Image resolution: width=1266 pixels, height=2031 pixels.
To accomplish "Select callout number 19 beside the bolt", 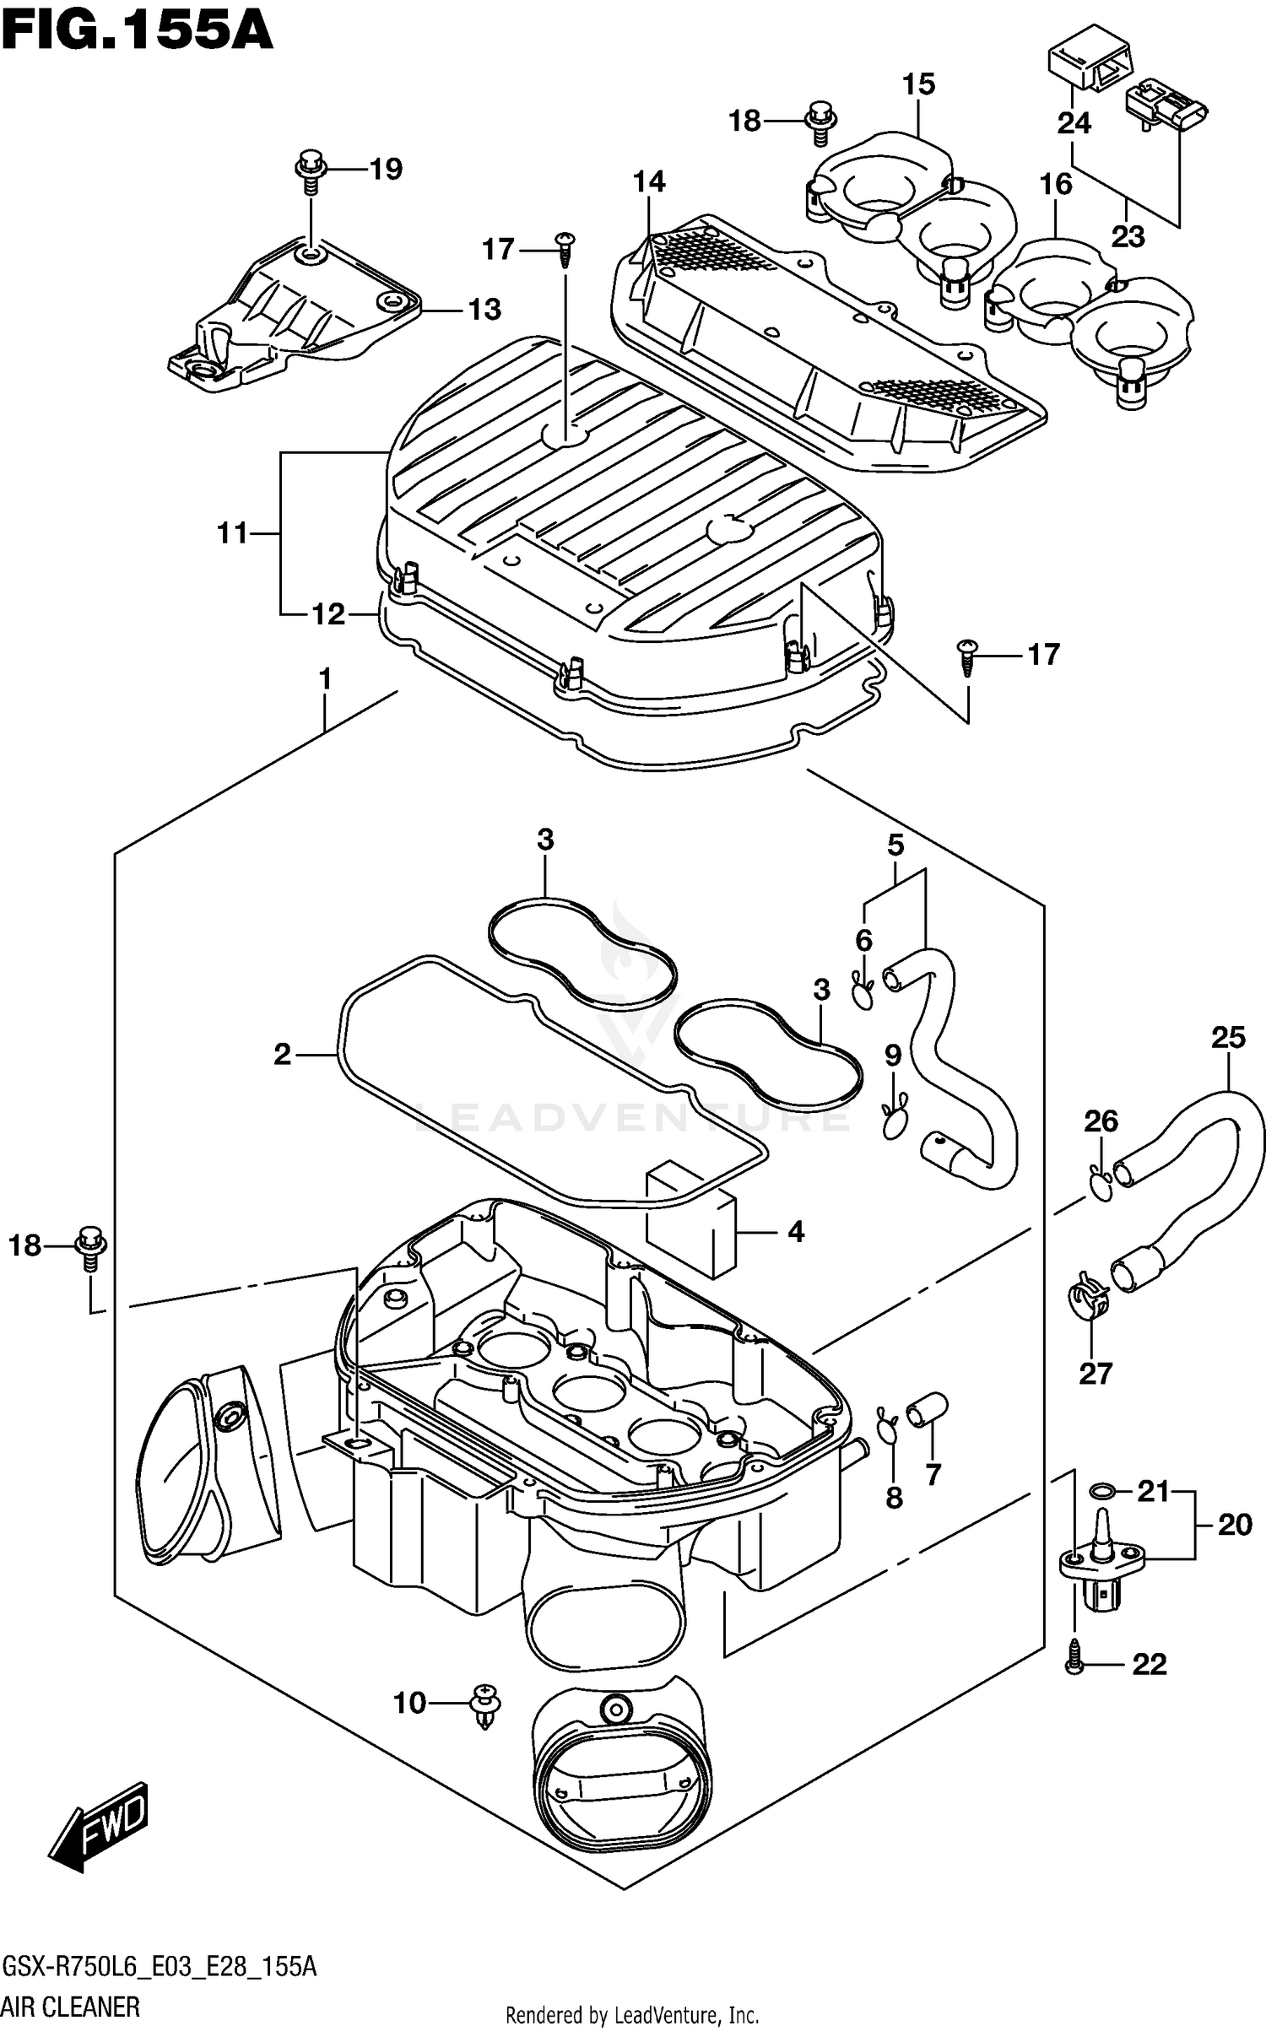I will pos(386,170).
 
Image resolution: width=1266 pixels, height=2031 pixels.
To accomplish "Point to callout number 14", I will pos(649,181).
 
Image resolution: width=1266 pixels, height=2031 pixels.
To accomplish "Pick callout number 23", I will pos(1128,236).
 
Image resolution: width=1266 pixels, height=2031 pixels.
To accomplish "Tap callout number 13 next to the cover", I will pos(484,310).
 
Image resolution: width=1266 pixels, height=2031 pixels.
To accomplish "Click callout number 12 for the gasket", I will pos(328,614).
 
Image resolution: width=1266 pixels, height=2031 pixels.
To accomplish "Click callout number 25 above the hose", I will pos(1227,1037).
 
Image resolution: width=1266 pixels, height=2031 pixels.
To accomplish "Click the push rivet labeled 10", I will pos(485,1703).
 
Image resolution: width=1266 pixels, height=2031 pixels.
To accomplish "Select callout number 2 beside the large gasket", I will pos(282,1054).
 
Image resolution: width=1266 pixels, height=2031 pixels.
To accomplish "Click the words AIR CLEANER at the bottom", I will pos(72,2004).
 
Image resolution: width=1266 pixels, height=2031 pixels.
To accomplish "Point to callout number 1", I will pos(324,678).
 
